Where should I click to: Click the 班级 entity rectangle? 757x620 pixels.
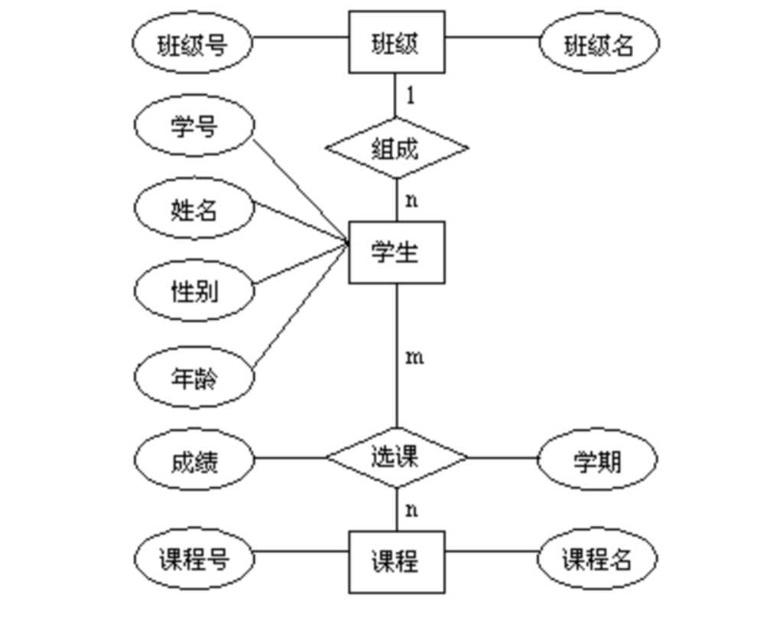[x=396, y=42]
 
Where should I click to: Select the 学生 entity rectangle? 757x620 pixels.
[x=396, y=252]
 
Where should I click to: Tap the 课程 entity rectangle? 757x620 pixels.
[x=396, y=562]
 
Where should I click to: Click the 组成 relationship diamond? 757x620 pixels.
[x=396, y=148]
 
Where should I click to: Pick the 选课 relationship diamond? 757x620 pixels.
[x=396, y=458]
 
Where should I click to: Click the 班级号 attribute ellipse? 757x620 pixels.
[x=192, y=44]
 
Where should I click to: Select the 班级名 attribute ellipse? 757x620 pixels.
[x=599, y=44]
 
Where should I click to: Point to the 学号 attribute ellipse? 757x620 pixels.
[x=193, y=125]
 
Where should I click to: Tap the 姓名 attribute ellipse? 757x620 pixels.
[x=193, y=209]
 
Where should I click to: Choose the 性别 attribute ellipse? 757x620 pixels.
[x=193, y=291]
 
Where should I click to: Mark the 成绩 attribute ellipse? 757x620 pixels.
[x=193, y=460]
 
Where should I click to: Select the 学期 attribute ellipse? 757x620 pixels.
[x=597, y=460]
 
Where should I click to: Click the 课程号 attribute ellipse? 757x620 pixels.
[x=193, y=560]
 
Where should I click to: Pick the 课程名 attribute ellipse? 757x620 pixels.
[x=597, y=560]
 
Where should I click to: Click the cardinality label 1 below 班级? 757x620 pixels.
[x=411, y=96]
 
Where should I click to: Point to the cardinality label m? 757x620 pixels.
[x=414, y=357]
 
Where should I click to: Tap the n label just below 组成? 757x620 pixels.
[x=411, y=201]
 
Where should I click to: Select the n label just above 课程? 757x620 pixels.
[x=411, y=510]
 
